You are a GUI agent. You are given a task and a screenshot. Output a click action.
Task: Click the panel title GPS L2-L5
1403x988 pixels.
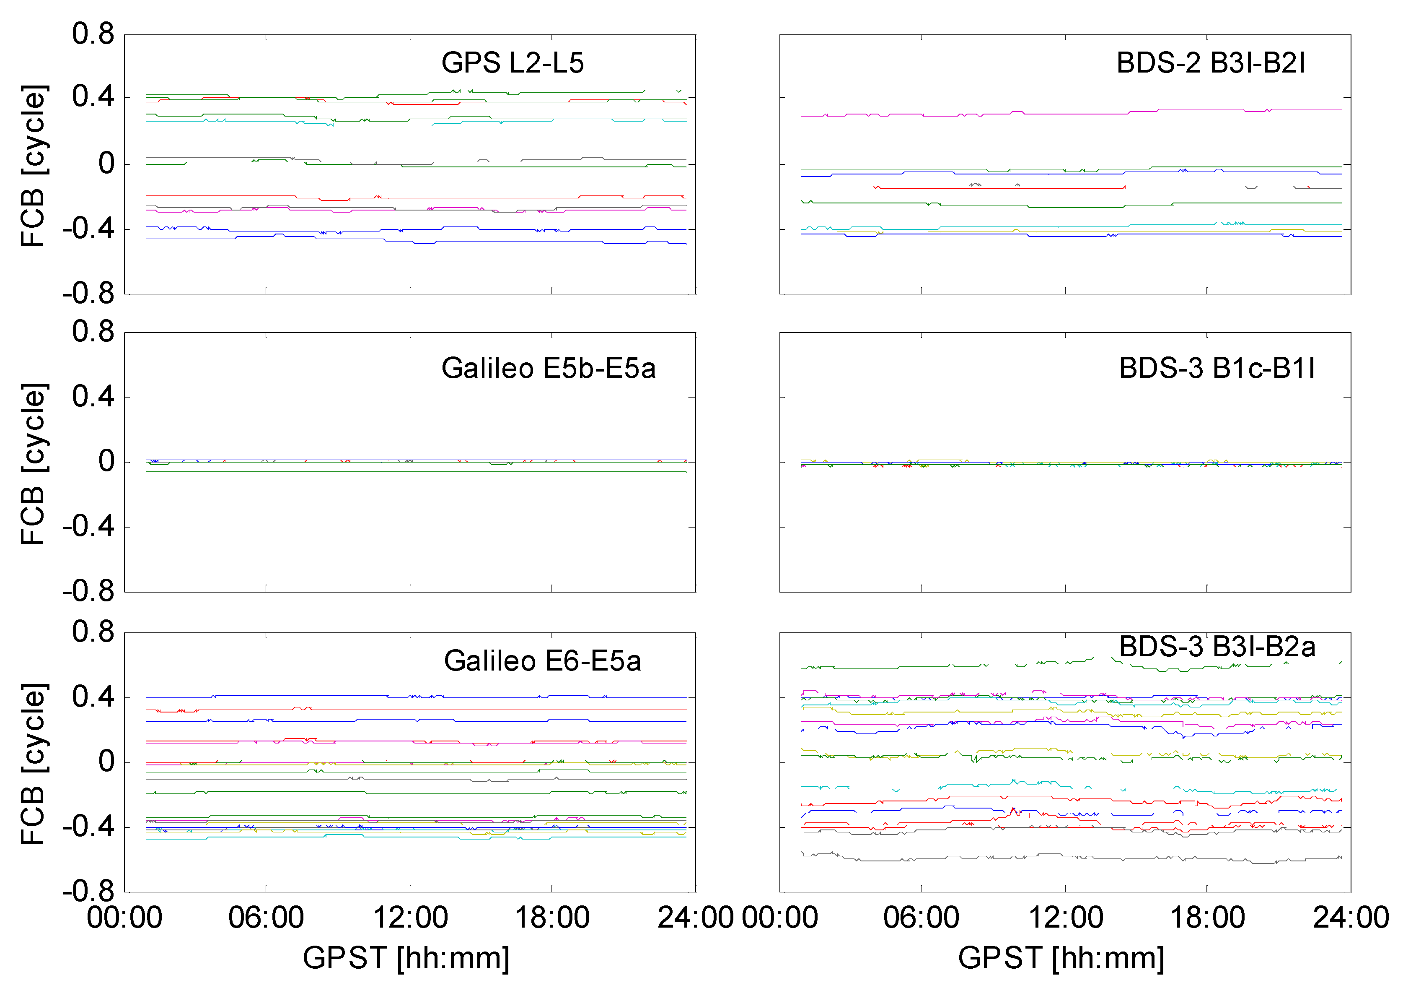click(x=512, y=63)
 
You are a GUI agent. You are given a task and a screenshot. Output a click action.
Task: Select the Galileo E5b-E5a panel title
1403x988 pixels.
click(x=548, y=368)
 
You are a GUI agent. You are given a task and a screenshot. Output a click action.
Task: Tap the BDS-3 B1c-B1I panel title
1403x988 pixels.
click(x=1216, y=368)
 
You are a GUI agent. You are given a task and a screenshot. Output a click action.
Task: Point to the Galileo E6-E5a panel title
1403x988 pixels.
click(x=542, y=661)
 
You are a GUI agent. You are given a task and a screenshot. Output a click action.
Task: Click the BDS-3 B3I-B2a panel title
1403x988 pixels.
click(x=1216, y=647)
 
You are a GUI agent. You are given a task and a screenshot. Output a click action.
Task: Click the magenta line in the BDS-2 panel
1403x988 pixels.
click(x=1069, y=114)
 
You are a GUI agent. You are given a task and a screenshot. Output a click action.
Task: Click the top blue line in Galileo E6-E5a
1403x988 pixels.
click(x=305, y=695)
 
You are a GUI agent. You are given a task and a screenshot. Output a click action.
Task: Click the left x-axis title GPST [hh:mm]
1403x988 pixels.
click(x=406, y=958)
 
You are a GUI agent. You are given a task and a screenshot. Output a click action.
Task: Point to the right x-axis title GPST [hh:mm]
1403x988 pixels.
click(x=1061, y=958)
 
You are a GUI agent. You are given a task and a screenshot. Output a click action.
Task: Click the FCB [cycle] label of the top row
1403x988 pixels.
click(x=33, y=166)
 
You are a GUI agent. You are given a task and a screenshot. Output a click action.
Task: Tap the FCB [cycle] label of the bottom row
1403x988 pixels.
click(x=33, y=764)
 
